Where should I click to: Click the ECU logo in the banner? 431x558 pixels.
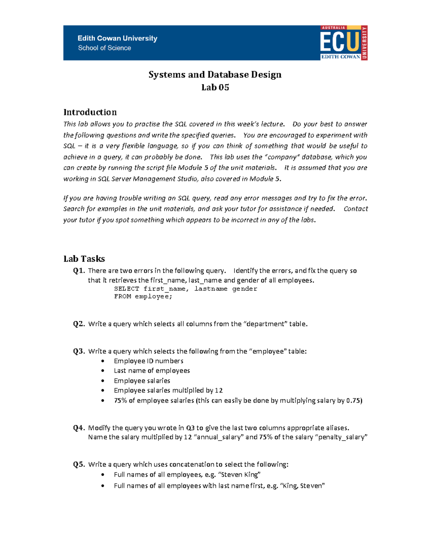coord(343,43)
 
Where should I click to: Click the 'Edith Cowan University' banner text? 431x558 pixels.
coord(117,38)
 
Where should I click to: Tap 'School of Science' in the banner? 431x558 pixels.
coord(105,48)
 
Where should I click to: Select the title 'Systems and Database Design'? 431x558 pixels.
coord(215,75)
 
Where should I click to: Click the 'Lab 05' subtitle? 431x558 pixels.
coord(215,87)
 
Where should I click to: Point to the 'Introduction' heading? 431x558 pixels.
coord(90,112)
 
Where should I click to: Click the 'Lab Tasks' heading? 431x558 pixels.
coord(84,259)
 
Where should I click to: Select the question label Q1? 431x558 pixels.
coord(79,271)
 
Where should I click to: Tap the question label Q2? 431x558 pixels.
coord(79,324)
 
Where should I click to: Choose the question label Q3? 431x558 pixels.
coord(79,351)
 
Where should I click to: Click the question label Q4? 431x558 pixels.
coord(79,428)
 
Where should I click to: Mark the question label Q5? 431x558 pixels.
coord(79,464)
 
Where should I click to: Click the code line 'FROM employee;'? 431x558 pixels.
coord(143,296)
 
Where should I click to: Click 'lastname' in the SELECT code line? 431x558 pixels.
coord(211,289)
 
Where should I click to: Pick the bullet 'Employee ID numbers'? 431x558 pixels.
coord(148,361)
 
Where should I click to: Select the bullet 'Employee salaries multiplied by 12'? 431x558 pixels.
coord(168,390)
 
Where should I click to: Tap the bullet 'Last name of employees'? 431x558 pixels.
coord(152,370)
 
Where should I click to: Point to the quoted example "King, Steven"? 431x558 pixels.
coord(302,485)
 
